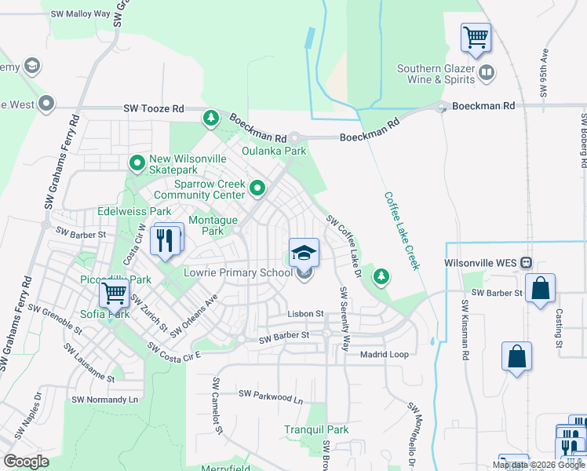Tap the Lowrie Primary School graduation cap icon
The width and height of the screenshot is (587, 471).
tap(304, 253)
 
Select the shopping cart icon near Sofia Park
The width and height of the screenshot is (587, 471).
tap(114, 294)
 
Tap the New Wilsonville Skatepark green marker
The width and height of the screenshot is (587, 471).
tap(137, 163)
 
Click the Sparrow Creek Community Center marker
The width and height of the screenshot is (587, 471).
tap(257, 188)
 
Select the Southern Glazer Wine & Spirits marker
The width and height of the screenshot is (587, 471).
tap(487, 74)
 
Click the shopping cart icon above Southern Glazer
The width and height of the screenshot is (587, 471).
tap(476, 37)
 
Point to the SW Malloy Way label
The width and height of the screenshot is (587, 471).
tap(80, 14)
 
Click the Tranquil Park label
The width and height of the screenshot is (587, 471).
tap(316, 429)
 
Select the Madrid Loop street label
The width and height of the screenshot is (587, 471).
tap(384, 355)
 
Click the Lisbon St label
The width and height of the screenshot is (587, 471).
tap(304, 314)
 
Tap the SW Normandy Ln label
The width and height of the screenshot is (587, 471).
tap(104, 400)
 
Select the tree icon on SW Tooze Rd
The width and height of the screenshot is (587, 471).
tap(210, 119)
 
